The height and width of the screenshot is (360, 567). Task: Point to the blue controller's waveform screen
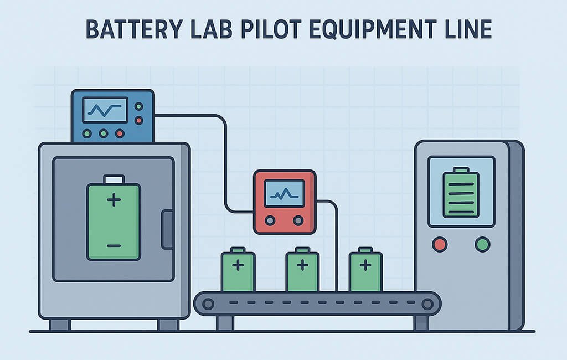(x=105, y=110)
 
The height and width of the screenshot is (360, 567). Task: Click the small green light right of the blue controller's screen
(x=138, y=106)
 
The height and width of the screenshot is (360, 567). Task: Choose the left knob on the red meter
(x=270, y=220)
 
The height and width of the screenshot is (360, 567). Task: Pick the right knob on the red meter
(x=298, y=220)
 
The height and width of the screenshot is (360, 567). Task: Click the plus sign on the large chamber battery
(x=114, y=200)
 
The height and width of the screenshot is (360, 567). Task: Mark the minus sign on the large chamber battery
(x=114, y=245)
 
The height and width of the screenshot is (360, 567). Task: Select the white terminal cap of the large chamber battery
(x=114, y=179)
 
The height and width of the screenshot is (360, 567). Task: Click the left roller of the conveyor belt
(x=208, y=303)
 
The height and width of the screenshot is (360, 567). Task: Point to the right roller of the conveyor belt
(x=426, y=303)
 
